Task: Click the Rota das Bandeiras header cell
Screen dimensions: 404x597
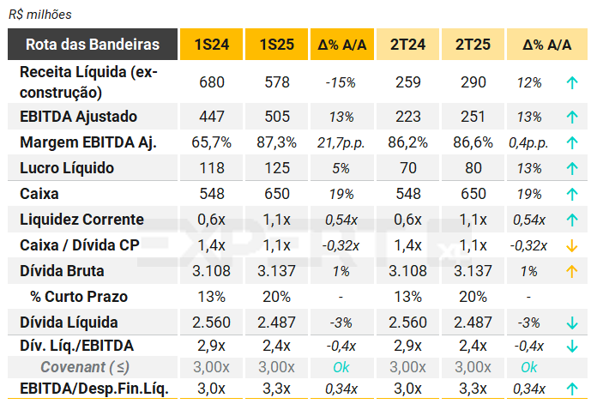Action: tap(93, 45)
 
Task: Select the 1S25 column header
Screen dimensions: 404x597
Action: tap(276, 45)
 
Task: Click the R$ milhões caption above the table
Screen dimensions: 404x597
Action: tap(41, 15)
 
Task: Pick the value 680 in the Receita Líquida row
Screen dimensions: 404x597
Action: tap(211, 82)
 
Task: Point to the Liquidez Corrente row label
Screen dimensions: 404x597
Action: tap(81, 220)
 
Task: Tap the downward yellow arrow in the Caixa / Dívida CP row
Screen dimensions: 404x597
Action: tap(570, 246)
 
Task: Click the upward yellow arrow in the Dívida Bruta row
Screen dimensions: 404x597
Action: tap(570, 272)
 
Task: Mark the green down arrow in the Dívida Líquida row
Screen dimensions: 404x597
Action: tap(570, 323)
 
